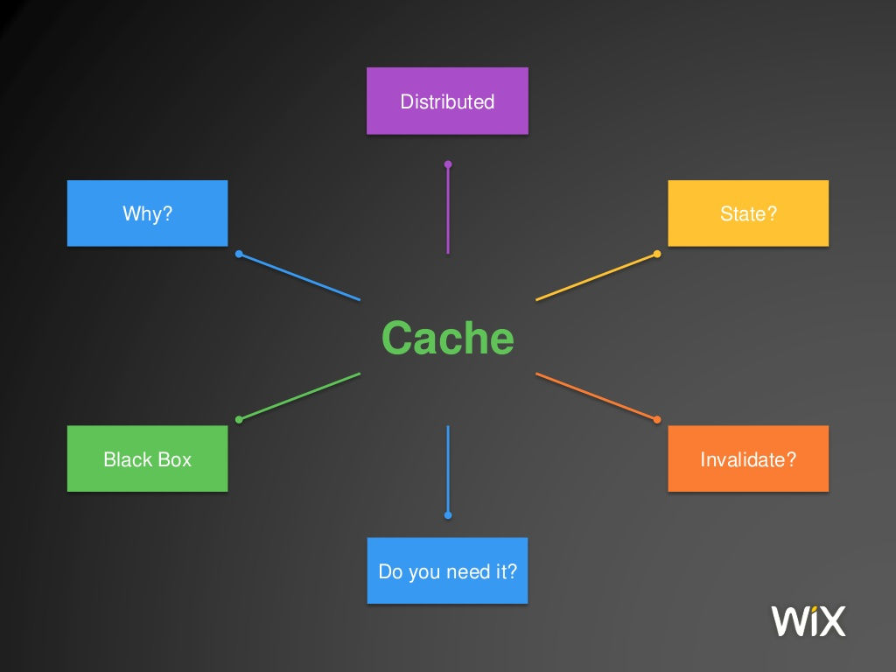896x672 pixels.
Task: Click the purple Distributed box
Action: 447,101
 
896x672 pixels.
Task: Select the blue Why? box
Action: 147,213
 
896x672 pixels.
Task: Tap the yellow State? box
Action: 748,213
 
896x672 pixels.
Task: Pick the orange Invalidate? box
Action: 748,458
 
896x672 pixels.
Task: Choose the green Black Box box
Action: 147,458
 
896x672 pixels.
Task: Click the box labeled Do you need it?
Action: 447,570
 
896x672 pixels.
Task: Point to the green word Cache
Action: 447,338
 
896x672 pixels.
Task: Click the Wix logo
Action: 808,620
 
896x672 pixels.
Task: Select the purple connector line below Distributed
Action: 448,210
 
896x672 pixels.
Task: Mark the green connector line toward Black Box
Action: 299,396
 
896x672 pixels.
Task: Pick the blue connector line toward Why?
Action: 299,277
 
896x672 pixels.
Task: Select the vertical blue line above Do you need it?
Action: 448,469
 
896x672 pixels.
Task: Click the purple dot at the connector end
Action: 448,164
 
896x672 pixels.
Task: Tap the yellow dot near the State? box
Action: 657,255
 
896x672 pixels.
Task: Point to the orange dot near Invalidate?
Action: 657,419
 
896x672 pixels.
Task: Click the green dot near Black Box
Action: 239,419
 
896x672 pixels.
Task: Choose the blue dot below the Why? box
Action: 239,255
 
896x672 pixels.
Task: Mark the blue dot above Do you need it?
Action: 448,515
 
